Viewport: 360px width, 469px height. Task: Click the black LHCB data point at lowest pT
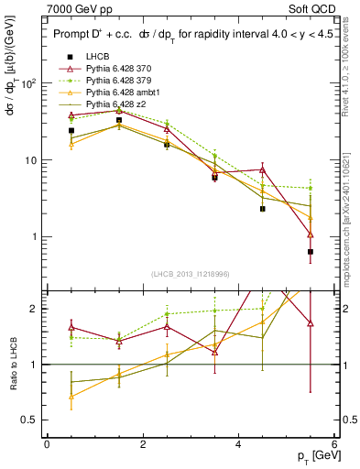[x=71, y=131]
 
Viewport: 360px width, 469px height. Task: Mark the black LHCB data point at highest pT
[x=311, y=252]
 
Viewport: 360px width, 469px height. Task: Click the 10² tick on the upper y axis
[x=28, y=83]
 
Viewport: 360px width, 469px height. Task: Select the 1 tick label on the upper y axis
[x=32, y=237]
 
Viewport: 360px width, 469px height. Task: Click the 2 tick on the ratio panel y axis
[x=32, y=309]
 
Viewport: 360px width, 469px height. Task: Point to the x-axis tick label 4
[x=238, y=444]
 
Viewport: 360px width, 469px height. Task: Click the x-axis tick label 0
[x=47, y=444]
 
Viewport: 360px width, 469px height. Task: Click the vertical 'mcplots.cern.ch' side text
[x=351, y=211]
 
